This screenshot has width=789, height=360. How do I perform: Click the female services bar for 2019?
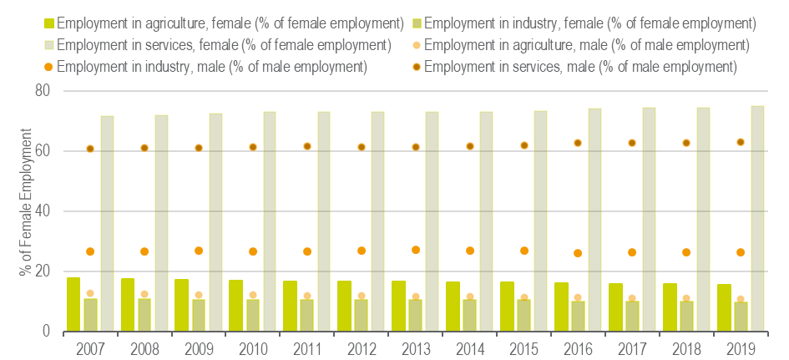[756, 219]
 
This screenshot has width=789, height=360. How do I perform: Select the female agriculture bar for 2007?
[73, 304]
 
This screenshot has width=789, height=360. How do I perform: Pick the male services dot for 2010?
[253, 147]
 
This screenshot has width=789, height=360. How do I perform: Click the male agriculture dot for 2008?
[144, 294]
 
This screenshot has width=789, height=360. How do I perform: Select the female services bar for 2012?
[377, 221]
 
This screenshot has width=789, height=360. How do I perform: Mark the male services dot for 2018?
[686, 143]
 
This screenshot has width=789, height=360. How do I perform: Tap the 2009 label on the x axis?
[198, 347]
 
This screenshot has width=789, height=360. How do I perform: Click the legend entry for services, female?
[216, 43]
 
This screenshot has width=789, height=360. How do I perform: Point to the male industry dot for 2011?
[307, 251]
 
